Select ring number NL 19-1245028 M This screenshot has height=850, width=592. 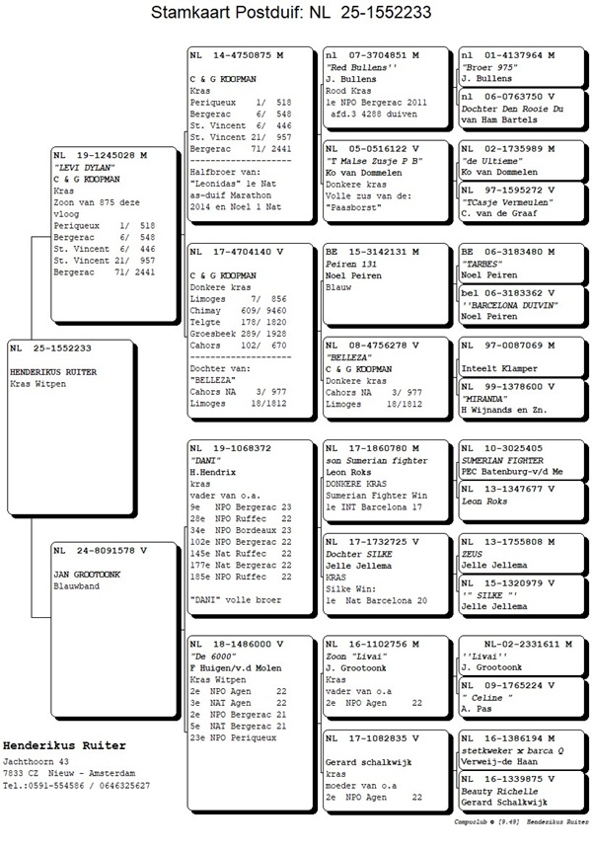100,156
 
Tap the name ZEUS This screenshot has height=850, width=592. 472,555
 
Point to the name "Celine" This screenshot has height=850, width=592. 487,697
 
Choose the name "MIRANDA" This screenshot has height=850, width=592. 483,397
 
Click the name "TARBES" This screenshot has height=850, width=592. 481,265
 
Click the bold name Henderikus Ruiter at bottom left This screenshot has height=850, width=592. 64,745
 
